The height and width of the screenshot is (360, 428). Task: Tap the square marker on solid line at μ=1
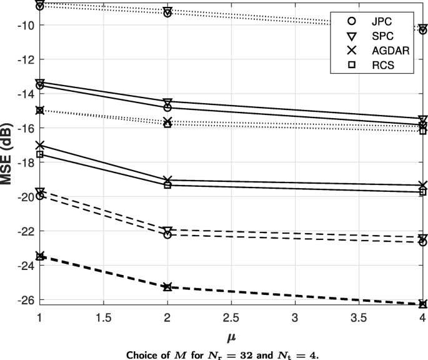pyautogui.click(x=40, y=154)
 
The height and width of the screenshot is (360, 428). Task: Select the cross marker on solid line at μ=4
pyautogui.click(x=423, y=186)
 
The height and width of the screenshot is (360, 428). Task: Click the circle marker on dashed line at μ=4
pyautogui.click(x=423, y=242)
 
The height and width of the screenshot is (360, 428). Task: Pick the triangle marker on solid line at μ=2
pyautogui.click(x=167, y=102)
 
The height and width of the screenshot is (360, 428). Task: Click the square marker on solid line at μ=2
pyautogui.click(x=167, y=185)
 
